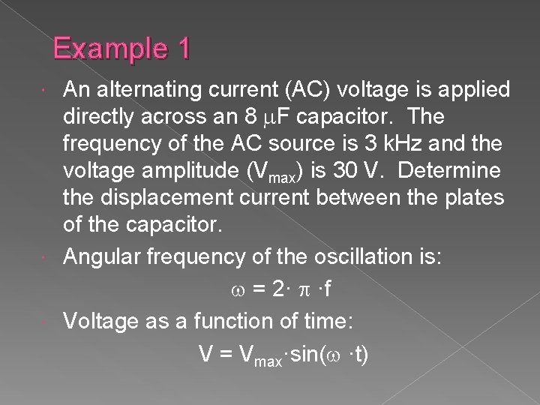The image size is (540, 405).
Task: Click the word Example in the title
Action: (x=111, y=50)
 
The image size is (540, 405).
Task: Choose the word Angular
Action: (x=97, y=256)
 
